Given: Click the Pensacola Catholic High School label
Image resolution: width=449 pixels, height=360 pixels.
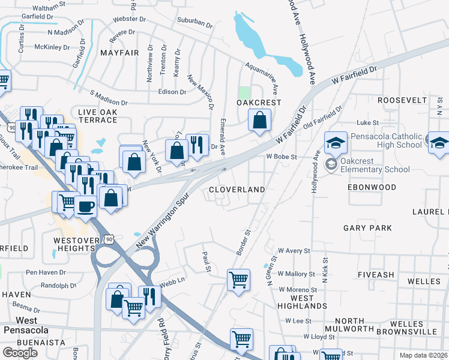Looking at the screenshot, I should pos(386,140).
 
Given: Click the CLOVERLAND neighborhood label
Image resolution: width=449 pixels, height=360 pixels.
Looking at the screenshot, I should pos(237,190).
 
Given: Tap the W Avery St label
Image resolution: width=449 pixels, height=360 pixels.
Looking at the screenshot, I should pos(293,251).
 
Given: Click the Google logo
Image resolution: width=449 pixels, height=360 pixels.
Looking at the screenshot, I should pos(20,353).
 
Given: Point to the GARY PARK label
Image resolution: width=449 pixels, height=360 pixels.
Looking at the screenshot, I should pos(367,228).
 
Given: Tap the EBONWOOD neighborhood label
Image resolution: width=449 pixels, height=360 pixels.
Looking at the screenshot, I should pos(372,187).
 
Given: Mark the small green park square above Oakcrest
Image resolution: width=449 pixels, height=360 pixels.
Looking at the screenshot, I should pos(244,93).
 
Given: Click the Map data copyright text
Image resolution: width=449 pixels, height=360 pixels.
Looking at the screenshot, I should pos(424,355).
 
